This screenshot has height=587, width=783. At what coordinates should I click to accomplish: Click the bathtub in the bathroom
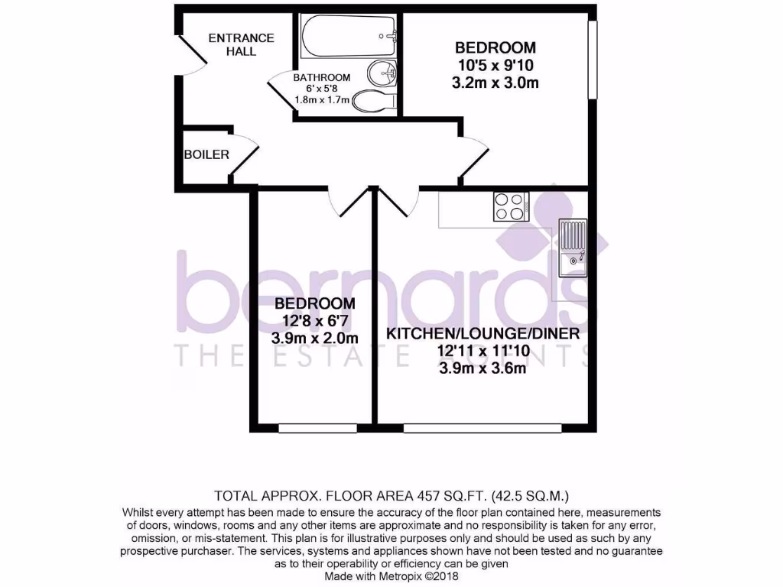click(348, 35)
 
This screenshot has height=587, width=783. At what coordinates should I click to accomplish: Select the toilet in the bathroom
click(377, 101)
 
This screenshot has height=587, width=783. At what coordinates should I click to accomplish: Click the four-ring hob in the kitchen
click(512, 205)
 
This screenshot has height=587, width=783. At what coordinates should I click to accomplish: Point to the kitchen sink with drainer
click(572, 248)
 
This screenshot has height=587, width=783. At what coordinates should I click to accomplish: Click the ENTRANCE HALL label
click(241, 44)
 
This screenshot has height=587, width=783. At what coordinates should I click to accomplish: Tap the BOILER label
click(206, 154)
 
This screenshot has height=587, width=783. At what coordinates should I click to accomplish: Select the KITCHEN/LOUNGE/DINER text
click(482, 334)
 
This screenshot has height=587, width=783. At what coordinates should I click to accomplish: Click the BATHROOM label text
click(322, 77)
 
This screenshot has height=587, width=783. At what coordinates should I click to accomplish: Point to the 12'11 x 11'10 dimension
click(482, 352)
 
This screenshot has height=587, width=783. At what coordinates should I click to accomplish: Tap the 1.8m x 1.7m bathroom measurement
click(322, 99)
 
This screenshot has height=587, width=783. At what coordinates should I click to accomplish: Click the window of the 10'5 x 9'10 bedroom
click(591, 60)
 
